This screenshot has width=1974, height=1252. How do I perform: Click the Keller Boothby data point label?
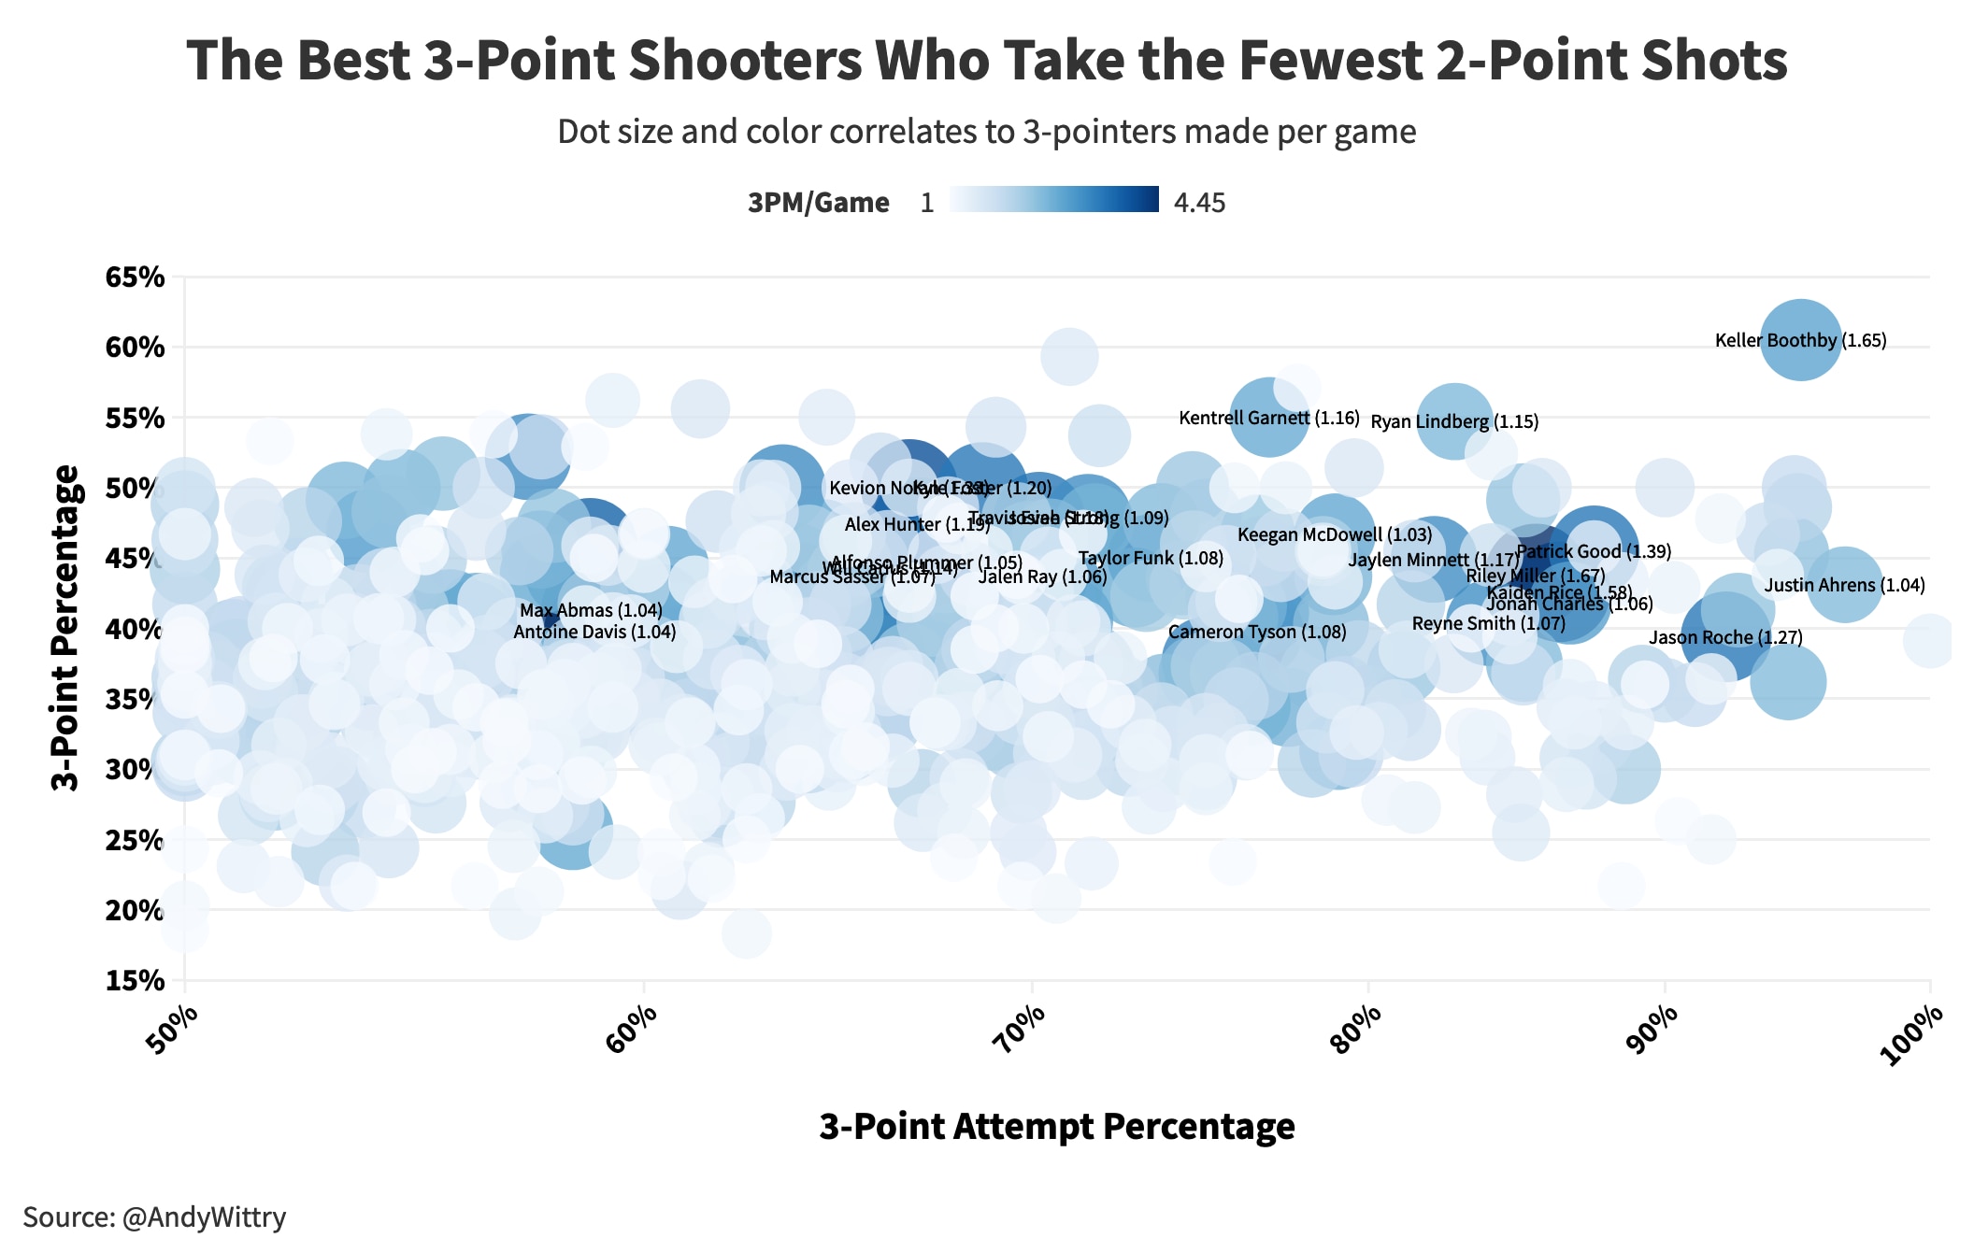1800,341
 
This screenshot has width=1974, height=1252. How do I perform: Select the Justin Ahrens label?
1844,586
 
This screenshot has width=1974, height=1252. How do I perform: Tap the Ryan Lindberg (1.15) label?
1454,422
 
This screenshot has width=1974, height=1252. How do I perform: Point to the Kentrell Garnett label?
1268,419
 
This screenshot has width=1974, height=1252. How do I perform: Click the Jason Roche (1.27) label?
1725,638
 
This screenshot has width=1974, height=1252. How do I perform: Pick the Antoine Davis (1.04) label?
594,633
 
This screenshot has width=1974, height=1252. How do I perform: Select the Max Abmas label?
591,611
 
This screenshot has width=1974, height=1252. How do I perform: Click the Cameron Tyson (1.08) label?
1257,633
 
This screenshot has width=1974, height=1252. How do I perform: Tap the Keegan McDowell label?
1335,535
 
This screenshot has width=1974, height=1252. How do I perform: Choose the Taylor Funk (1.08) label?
1151,559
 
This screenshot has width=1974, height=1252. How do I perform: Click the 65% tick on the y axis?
136,277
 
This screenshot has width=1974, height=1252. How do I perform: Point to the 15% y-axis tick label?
136,981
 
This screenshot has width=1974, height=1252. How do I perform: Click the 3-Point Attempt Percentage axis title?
1057,1127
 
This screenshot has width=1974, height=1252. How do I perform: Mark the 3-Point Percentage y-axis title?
65,628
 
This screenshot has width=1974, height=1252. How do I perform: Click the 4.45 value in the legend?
1199,204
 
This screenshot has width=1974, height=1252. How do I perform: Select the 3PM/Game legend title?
818,204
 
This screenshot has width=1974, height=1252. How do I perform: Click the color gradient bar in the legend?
1054,200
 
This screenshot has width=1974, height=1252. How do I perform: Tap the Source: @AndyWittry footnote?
154,1217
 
